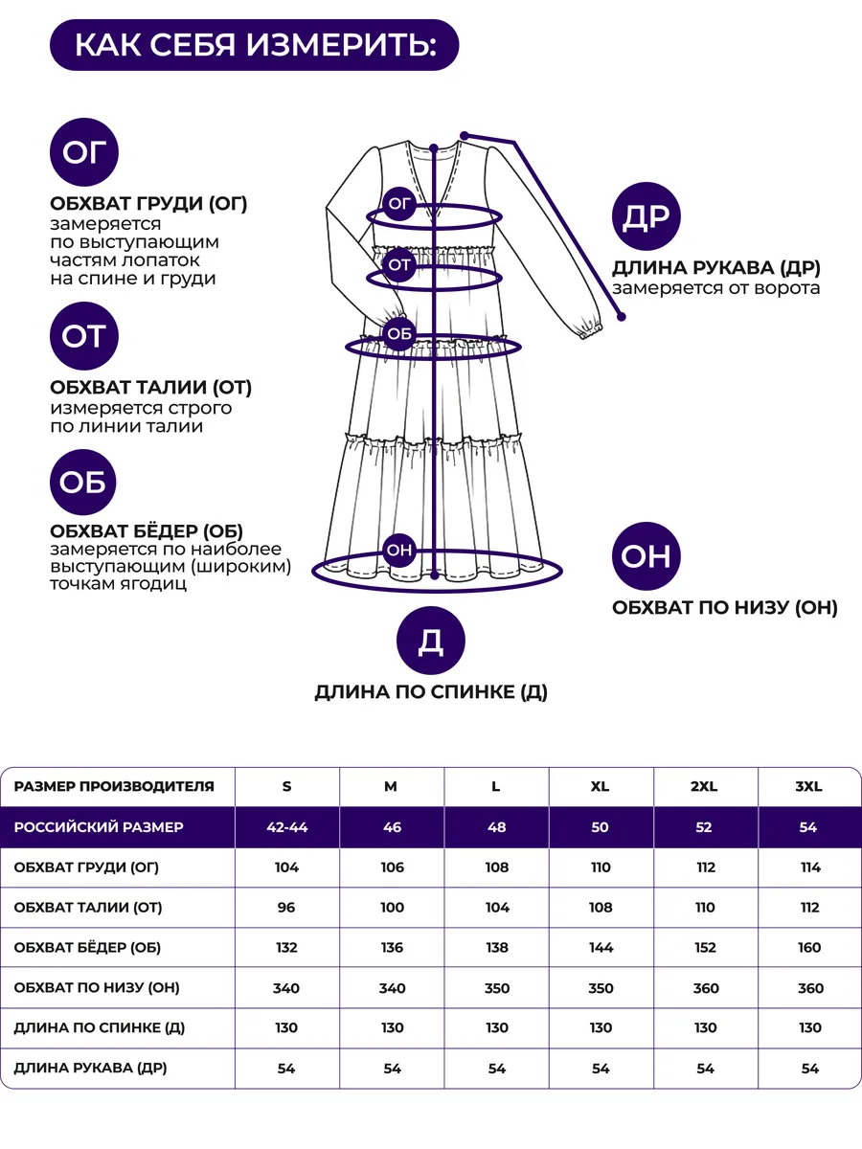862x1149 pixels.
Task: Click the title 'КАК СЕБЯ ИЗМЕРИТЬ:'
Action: pyautogui.click(x=254, y=45)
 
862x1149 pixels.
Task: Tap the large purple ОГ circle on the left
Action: pyautogui.click(x=83, y=151)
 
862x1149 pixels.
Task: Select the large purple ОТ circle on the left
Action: pyautogui.click(x=83, y=336)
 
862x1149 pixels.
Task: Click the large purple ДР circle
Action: pyautogui.click(x=646, y=217)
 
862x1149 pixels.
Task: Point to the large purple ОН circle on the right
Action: pyautogui.click(x=646, y=556)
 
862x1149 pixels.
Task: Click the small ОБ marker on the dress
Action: pyautogui.click(x=398, y=333)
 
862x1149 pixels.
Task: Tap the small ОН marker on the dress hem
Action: pyautogui.click(x=398, y=550)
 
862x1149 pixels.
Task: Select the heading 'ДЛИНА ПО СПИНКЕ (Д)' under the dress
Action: pyautogui.click(x=431, y=692)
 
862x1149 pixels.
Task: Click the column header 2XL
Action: pyautogui.click(x=705, y=787)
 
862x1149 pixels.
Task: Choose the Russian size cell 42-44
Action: pyautogui.click(x=287, y=827)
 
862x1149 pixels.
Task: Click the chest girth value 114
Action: pyautogui.click(x=809, y=867)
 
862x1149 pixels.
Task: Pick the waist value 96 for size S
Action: pyautogui.click(x=287, y=908)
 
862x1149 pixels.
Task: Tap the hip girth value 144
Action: pyautogui.click(x=601, y=948)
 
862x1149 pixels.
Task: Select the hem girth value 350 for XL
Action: pyautogui.click(x=601, y=988)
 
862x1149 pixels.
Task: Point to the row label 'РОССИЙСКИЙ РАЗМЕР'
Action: pyautogui.click(x=99, y=827)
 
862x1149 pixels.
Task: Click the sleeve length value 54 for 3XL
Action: pyautogui.click(x=809, y=1069)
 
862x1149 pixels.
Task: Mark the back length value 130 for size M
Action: pyautogui.click(x=392, y=1028)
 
